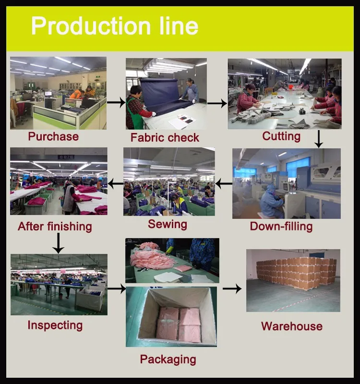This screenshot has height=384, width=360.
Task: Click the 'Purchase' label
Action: (x=53, y=136)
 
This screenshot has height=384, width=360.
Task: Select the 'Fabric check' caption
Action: (x=165, y=138)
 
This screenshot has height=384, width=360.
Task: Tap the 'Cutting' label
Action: (x=281, y=136)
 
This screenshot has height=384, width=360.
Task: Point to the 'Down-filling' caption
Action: (x=281, y=226)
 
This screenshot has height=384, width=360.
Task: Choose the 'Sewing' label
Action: (x=167, y=224)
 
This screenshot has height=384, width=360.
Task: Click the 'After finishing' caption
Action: (x=55, y=226)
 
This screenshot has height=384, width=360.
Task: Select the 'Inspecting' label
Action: (x=55, y=325)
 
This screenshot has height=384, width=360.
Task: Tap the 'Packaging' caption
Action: (x=168, y=359)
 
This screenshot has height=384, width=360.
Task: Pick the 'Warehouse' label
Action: (x=291, y=326)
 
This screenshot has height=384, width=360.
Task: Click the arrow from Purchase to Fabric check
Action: (x=116, y=102)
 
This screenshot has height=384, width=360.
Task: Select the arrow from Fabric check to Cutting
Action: (x=217, y=103)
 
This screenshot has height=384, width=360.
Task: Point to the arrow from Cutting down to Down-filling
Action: (x=318, y=139)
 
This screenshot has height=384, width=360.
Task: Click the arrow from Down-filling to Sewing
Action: (x=224, y=183)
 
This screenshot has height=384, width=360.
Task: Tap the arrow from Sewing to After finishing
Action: (x=115, y=183)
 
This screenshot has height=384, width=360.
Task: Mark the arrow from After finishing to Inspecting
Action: (x=58, y=243)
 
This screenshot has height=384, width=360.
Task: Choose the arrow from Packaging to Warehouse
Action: (x=232, y=288)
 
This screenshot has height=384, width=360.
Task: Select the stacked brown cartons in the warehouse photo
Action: (x=295, y=273)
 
